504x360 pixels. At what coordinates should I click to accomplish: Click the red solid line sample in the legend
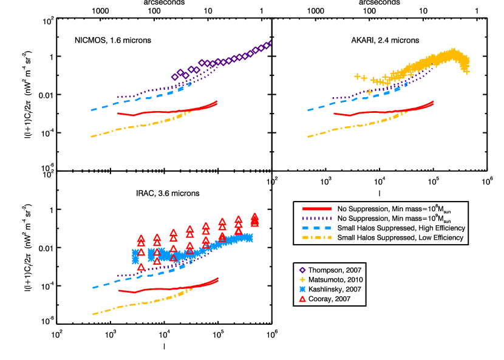pyautogui.click(x=316, y=209)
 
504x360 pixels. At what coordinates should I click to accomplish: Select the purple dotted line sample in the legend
pyautogui.click(x=316, y=219)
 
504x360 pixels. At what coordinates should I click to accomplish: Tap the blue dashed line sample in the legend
pyautogui.click(x=316, y=228)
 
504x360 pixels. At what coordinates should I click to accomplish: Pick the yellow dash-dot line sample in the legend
pyautogui.click(x=316, y=237)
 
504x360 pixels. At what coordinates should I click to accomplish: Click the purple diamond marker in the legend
pyautogui.click(x=302, y=270)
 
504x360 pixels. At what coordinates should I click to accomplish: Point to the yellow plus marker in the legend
pyautogui.click(x=302, y=280)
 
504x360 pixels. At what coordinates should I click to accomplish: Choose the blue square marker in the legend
pyautogui.click(x=302, y=290)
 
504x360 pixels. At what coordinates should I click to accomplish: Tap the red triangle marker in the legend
pyautogui.click(x=302, y=299)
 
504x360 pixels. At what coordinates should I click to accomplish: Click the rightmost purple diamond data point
pyautogui.click(x=268, y=44)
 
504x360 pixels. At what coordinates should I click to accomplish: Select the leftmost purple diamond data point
pyautogui.click(x=175, y=77)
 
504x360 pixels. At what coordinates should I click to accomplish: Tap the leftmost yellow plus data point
pyautogui.click(x=357, y=76)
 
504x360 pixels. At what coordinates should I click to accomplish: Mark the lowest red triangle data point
pyautogui.click(x=141, y=267)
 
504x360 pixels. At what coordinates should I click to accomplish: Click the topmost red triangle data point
pyautogui.click(x=254, y=216)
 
